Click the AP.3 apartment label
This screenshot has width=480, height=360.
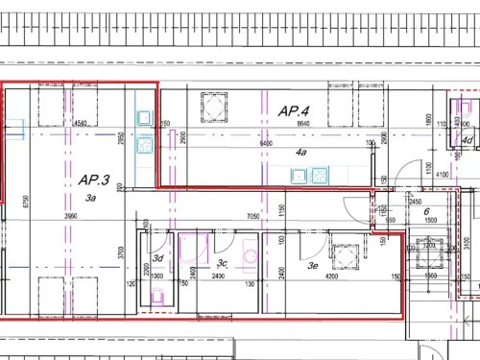(94, 180)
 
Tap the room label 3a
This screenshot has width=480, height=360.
(92, 197)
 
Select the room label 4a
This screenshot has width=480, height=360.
(300, 153)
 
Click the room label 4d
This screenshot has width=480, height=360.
(466, 140)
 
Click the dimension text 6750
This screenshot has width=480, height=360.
(27, 202)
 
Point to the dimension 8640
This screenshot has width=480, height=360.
(304, 125)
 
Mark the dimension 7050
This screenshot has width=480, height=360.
(254, 217)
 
